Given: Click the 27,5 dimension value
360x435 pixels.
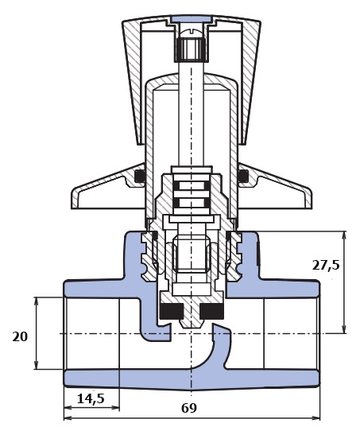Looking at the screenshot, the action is click(326, 266).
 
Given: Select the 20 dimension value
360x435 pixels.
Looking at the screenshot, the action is click(20, 337).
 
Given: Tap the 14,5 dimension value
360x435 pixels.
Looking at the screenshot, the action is click(91, 399).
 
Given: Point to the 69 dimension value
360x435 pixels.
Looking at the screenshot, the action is click(189, 408).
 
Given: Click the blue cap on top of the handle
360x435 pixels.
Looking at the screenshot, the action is click(192, 19).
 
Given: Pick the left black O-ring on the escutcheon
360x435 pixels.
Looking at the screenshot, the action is click(140, 176).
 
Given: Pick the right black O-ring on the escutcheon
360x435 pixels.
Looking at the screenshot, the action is click(243, 176).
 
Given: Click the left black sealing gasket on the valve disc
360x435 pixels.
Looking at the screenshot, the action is click(172, 311).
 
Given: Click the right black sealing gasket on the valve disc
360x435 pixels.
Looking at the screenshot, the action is click(211, 311).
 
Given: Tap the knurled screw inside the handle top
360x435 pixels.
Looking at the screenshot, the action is click(191, 49).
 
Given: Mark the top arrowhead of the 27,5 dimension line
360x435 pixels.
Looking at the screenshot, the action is click(344, 236).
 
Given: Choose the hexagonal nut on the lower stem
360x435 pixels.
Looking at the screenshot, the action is click(191, 255).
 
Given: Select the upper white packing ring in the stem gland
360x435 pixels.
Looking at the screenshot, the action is click(192, 186).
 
